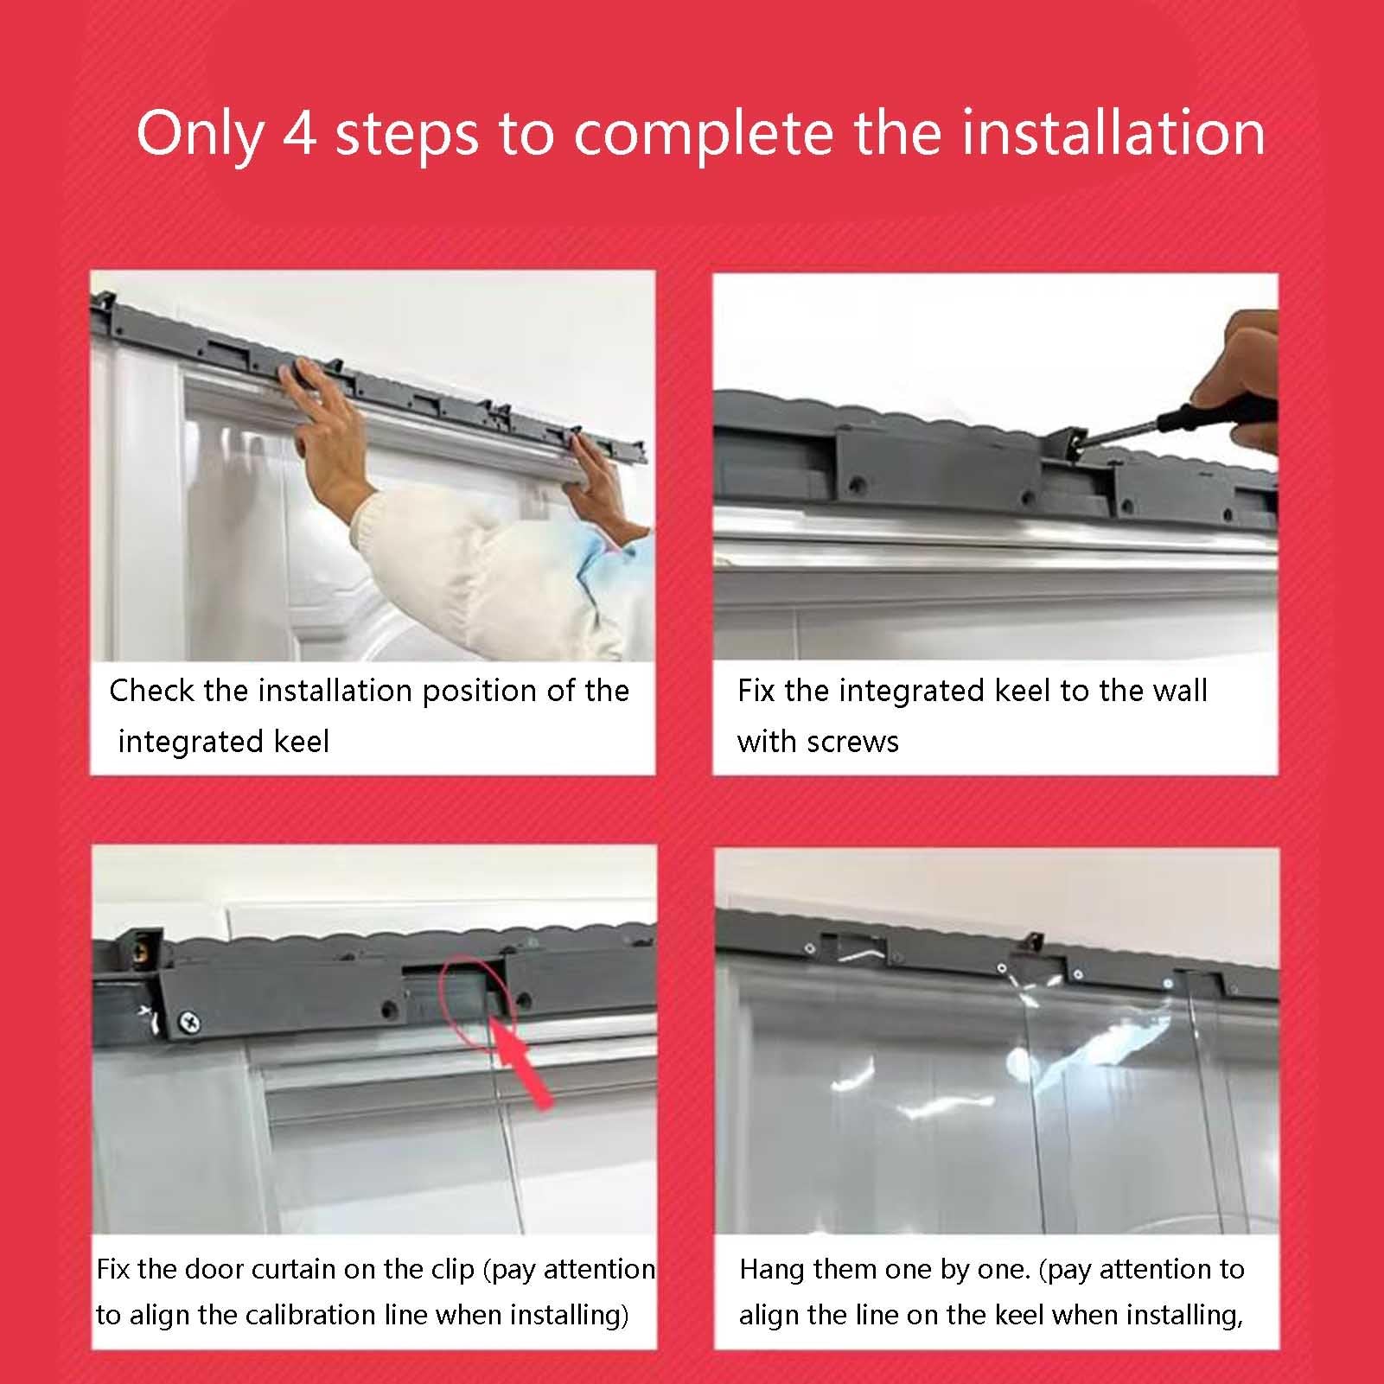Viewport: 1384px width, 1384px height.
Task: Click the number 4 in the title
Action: [x=300, y=133]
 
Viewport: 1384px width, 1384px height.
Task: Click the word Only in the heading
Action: [x=200, y=136]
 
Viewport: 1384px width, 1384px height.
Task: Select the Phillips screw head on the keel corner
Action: [x=189, y=1024]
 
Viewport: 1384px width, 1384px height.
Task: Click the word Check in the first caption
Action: [x=152, y=690]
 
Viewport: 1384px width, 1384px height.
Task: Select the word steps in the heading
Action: [x=407, y=137]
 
